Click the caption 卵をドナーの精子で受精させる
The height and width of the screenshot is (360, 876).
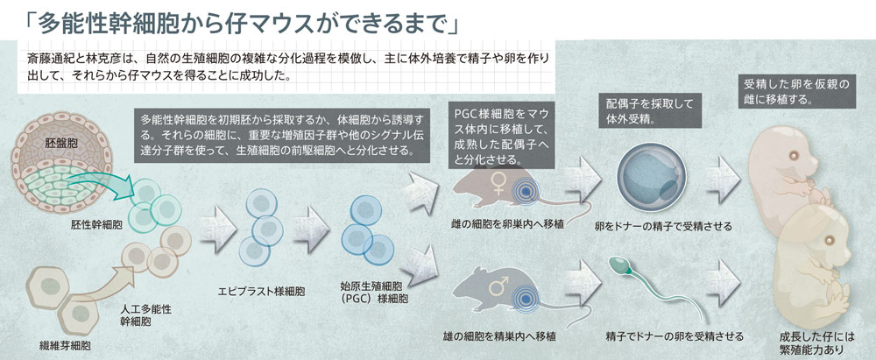click(664, 226)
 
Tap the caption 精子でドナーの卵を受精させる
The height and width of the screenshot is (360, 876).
click(675, 336)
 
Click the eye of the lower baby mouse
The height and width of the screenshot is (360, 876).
click(829, 240)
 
